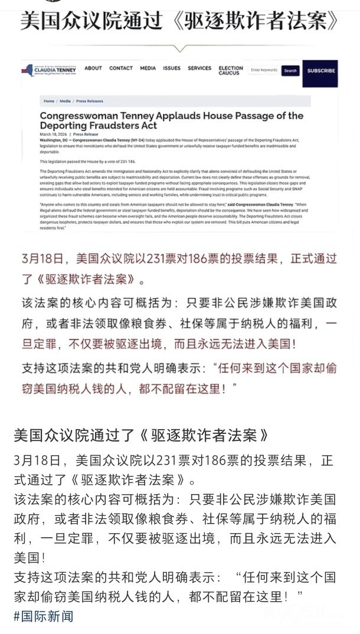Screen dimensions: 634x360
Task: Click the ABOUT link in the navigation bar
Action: tap(93, 68)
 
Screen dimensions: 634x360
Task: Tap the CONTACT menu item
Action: tap(121, 68)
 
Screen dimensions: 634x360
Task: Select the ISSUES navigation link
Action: tap(172, 68)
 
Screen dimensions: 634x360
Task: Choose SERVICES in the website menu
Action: tap(199, 68)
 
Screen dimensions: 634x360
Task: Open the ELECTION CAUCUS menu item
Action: tap(231, 70)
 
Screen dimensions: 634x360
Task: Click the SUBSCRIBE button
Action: tap(321, 71)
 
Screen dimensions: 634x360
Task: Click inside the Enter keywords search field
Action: tap(264, 70)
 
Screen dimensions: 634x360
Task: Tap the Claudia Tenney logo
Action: tap(54, 70)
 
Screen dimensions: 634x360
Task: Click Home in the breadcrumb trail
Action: tap(48, 102)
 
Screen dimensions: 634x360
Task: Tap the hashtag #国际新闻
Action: tap(44, 616)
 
